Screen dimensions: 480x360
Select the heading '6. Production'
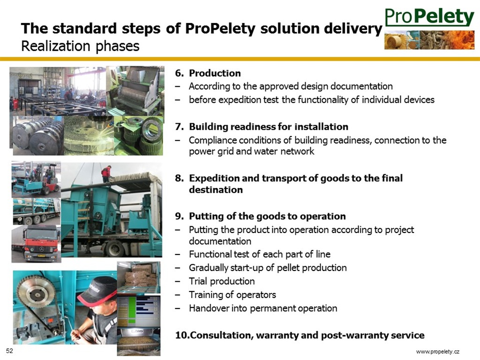point(208,73)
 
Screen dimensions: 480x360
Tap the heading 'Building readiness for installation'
point(269,127)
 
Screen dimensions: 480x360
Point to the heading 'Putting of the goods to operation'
point(267,216)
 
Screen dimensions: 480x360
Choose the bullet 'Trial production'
point(222,281)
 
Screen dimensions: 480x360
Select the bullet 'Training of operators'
point(232,294)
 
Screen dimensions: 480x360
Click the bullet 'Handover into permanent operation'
point(263,308)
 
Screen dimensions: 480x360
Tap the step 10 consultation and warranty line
point(300,335)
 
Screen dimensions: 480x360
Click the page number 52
point(9,351)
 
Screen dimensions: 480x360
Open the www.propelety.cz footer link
point(438,352)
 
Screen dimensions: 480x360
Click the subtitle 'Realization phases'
point(80,46)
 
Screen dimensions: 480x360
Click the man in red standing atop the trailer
point(106,173)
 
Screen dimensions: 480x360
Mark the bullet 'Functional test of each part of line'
point(260,254)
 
